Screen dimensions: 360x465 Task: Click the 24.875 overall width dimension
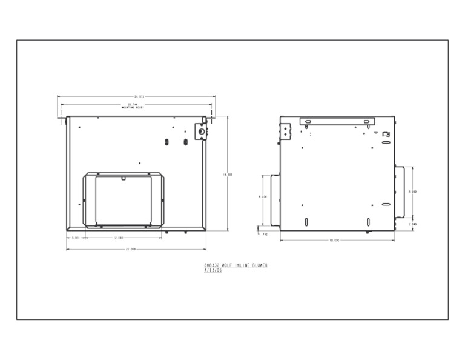pos(139,96)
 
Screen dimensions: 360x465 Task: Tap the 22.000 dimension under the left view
pos(131,249)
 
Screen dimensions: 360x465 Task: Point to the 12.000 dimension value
pos(118,238)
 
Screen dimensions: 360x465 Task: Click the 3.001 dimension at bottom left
pos(76,238)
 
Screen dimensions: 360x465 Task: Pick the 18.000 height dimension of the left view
pos(228,175)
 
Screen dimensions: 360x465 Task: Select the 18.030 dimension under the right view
pos(334,240)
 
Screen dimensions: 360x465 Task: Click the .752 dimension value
pos(264,233)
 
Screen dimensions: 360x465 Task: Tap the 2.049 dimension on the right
pos(412,224)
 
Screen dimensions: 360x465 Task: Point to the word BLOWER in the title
pos(257,265)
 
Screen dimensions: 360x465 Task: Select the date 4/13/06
pos(213,270)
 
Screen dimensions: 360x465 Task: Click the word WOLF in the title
pos(227,265)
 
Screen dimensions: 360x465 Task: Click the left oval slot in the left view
pos(166,142)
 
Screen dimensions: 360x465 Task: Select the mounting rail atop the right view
pos(337,122)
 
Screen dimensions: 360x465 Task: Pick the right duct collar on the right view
pos(399,191)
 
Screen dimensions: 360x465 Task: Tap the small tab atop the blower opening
pos(124,178)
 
